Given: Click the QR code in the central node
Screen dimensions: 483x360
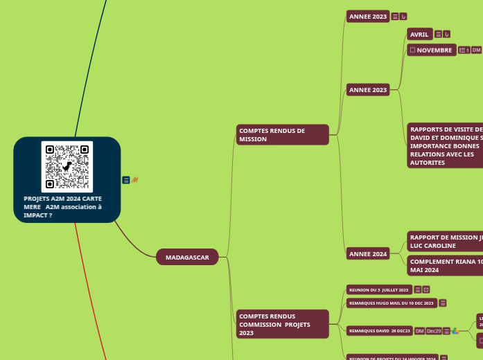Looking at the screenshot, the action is pos(67,167).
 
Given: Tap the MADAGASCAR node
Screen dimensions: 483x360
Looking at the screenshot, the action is pos(187,258).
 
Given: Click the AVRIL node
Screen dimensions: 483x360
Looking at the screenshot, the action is pos(420,35).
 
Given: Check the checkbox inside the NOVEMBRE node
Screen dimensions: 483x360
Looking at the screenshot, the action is pos(412,50).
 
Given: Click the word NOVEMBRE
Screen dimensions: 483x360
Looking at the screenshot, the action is pos(434,50).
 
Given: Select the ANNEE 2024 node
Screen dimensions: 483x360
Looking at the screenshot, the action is pos(368,254).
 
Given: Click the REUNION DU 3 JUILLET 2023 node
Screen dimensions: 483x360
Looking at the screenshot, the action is pos(378,289).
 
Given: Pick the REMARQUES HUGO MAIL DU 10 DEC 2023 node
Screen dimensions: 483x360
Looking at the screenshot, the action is pos(391,303).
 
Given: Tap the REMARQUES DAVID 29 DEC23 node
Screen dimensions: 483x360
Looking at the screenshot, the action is pos(379,331).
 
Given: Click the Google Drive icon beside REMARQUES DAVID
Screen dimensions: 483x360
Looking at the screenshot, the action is pos(455,331).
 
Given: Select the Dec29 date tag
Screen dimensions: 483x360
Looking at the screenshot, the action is pos(434,331).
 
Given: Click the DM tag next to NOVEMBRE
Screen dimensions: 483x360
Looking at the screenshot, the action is pos(477,50).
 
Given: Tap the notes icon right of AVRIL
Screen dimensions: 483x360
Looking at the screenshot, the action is pos(439,35).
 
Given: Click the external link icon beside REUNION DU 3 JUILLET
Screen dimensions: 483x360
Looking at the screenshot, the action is pos(426,289).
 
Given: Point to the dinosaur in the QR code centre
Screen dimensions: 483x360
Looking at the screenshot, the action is pos(67,167).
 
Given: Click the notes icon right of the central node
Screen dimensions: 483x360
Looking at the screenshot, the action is pos(126,180).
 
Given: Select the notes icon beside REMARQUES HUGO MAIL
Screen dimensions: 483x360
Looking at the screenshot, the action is pos(443,303).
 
